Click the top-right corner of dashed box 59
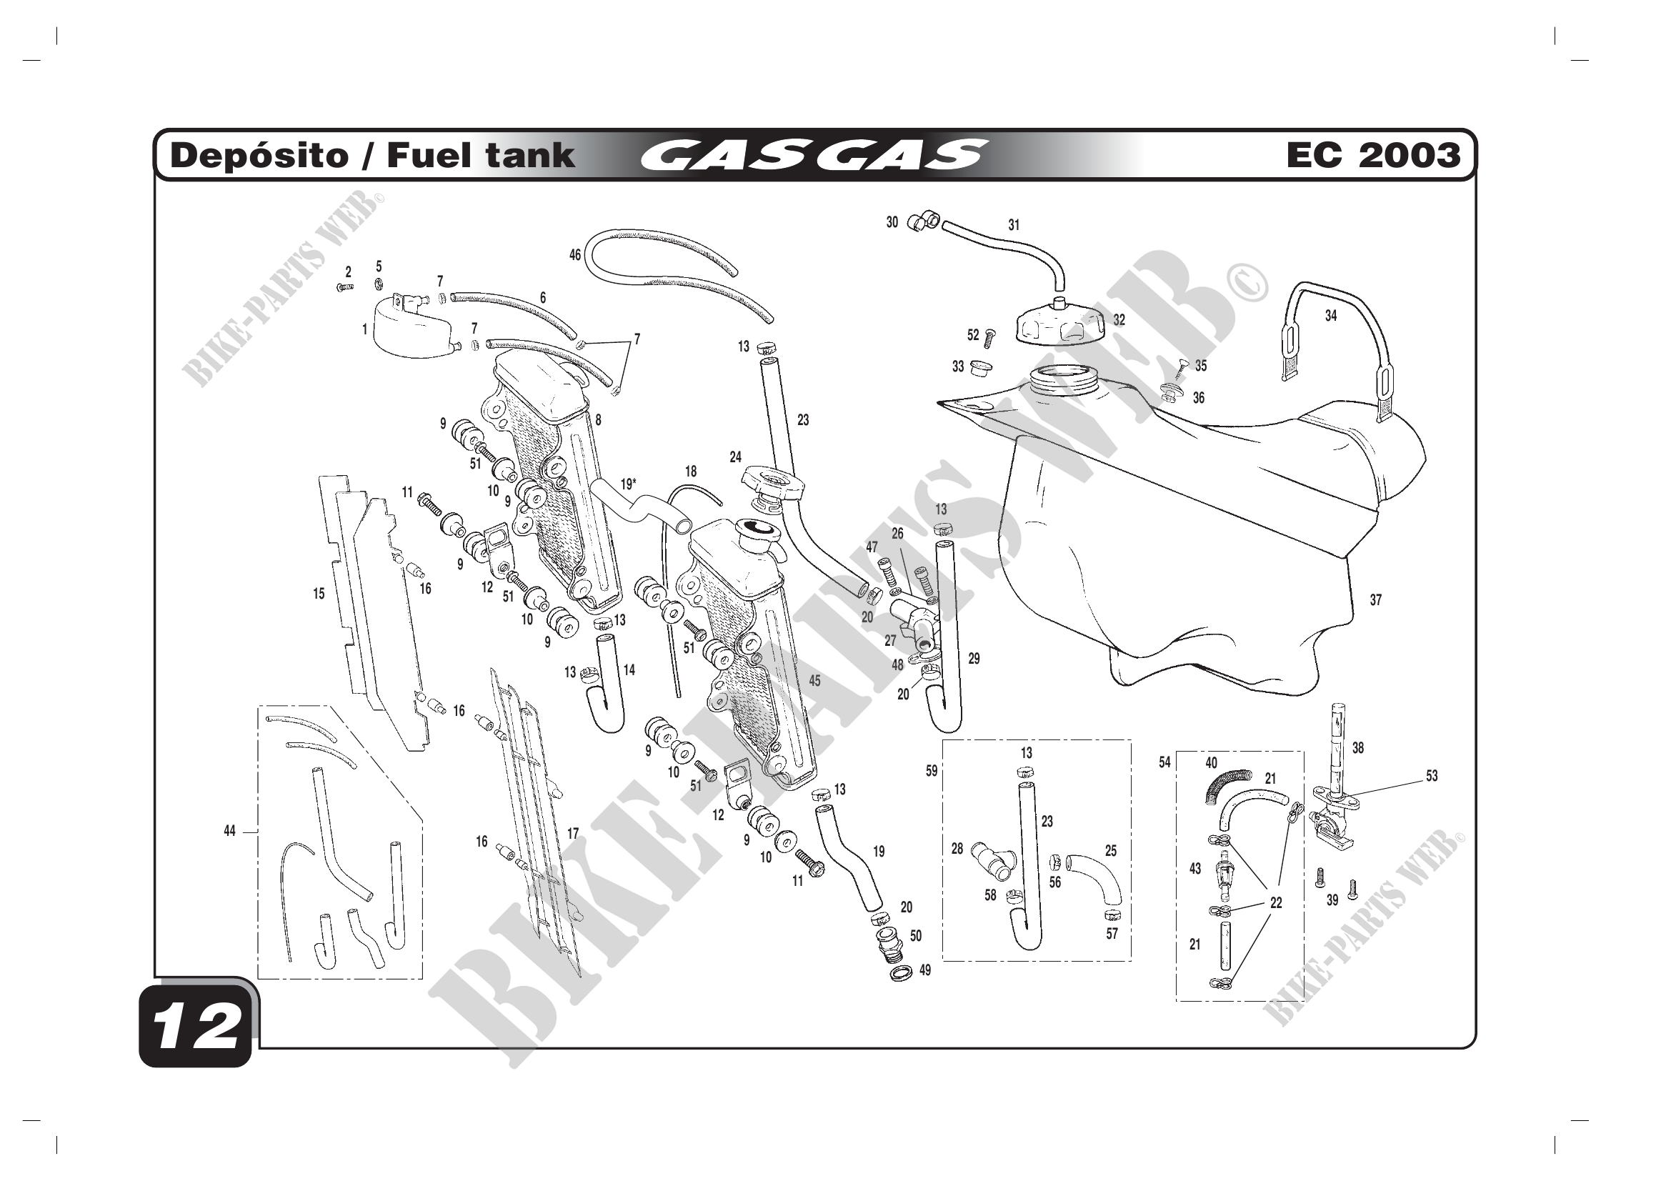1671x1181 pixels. point(1130,740)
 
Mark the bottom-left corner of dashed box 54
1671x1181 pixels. point(1177,1001)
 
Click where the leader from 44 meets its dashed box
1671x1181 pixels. point(259,831)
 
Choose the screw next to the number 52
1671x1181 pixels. point(989,339)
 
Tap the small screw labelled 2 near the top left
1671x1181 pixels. point(345,287)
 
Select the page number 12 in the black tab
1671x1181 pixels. point(196,1027)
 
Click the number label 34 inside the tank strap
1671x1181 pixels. point(1330,316)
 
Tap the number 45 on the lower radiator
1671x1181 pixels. point(814,680)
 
